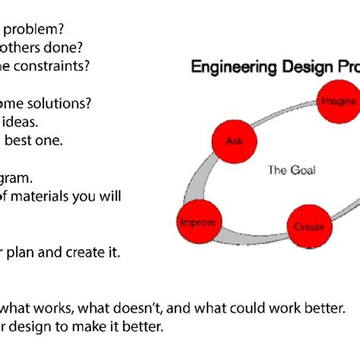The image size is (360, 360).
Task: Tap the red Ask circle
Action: (232, 142)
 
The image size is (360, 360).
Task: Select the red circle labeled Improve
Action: (197, 223)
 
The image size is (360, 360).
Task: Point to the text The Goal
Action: (290, 170)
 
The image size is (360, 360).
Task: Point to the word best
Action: (23, 140)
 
